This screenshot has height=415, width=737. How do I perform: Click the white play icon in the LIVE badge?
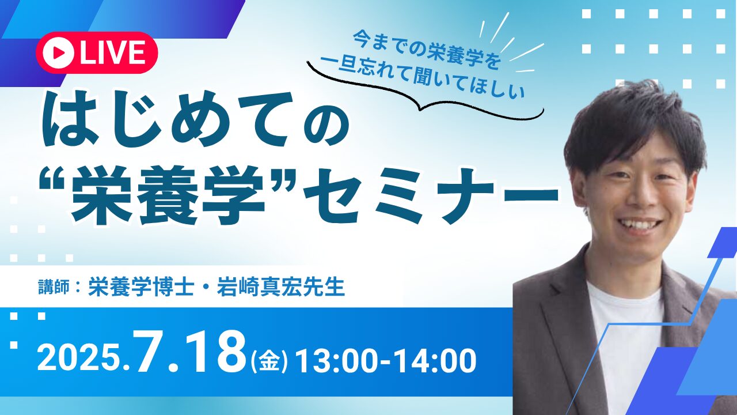coord(58,52)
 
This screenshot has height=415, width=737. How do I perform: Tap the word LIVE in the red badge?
coord(112,52)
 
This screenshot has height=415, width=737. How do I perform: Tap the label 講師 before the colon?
coord(54,287)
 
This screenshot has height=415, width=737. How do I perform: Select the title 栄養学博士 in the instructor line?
coord(141,287)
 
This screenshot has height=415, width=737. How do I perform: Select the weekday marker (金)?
coord(269,361)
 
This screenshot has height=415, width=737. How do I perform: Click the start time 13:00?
coord(335,360)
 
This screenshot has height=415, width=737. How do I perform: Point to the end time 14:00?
coord(436,360)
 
